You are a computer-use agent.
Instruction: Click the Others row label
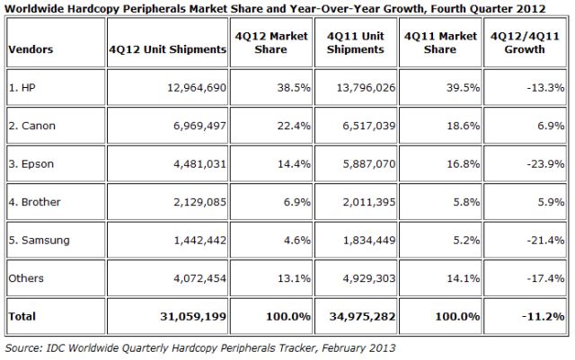[x=24, y=279]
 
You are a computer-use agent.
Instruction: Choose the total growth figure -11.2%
[x=544, y=316]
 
